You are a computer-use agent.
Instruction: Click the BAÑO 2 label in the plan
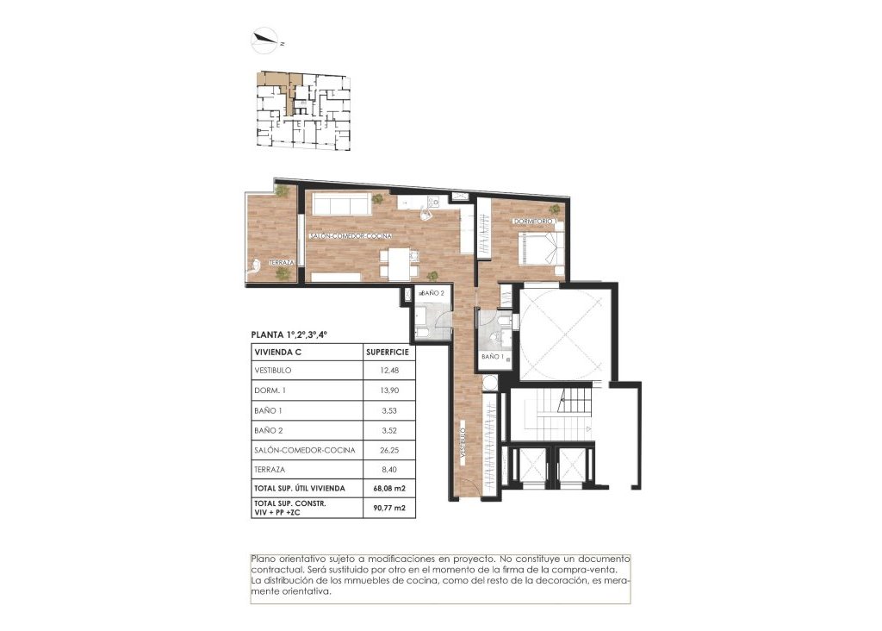click(x=432, y=293)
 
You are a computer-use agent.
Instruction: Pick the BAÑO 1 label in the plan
click(x=492, y=356)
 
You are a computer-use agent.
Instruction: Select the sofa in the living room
click(x=339, y=204)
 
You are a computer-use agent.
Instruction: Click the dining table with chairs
click(x=399, y=261)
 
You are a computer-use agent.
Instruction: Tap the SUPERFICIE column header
click(x=387, y=352)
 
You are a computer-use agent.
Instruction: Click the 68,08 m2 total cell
click(x=388, y=489)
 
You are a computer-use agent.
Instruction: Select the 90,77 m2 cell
click(x=388, y=508)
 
